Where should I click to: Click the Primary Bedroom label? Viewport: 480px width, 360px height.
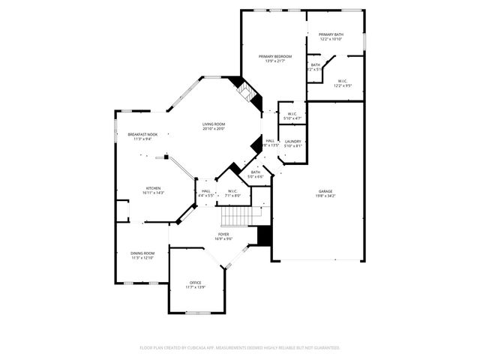[275, 57]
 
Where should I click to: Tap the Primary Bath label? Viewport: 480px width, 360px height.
[330, 34]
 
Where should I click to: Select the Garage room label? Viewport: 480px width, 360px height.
[325, 191]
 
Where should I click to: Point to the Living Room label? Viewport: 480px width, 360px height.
[214, 124]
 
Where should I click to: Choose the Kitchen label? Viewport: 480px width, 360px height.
[154, 188]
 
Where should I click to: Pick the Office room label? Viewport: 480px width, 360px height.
[195, 283]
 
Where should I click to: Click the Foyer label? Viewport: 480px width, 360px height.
[224, 234]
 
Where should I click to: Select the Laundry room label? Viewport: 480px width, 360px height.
[293, 141]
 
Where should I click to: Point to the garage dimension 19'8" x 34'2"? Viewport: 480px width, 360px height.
[325, 196]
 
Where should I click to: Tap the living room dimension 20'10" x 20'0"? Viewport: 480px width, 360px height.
[214, 129]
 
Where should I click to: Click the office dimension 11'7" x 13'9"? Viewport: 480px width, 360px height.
[195, 287]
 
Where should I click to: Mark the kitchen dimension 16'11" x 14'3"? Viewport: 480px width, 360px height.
[154, 193]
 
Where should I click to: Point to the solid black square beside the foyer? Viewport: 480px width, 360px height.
[263, 235]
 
